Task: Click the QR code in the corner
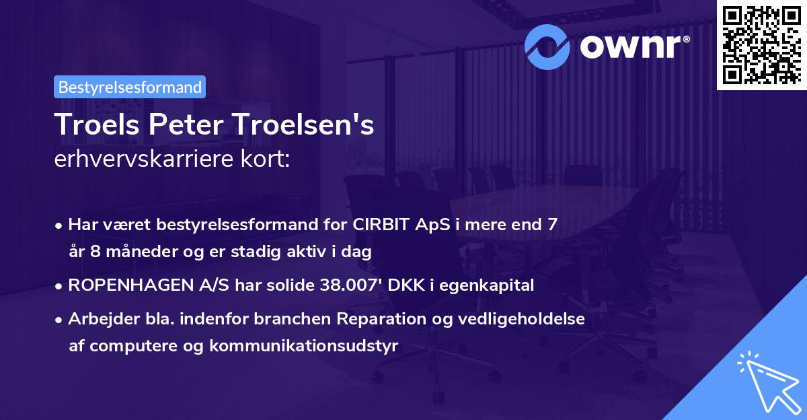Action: (761, 44)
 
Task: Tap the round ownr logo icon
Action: (547, 46)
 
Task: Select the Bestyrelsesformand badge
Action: (130, 87)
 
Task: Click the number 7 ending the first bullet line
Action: (551, 225)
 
